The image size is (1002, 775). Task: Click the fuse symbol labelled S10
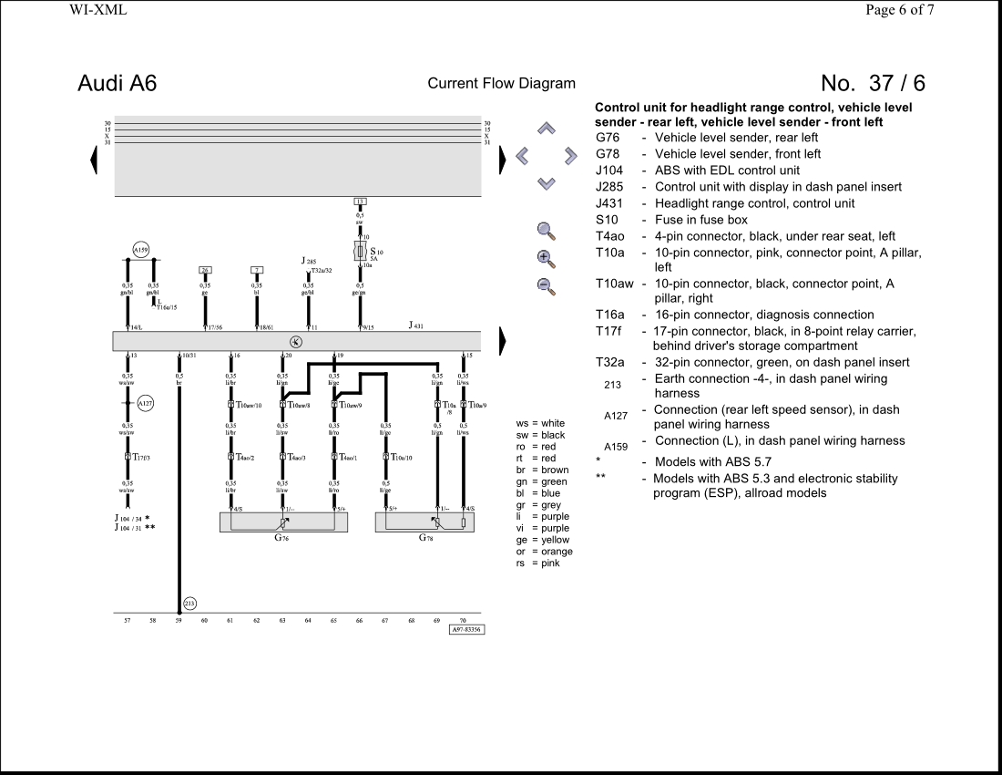pos(361,251)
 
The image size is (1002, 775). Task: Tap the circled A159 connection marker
pos(140,249)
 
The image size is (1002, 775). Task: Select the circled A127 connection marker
pos(146,402)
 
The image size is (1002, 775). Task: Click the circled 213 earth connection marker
pos(189,603)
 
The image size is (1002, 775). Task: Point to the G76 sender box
pos(283,522)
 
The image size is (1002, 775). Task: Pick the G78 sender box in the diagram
pos(424,522)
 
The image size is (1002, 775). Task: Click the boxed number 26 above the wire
pos(206,270)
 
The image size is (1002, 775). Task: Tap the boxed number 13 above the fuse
pos(360,201)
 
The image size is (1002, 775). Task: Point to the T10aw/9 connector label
pos(349,404)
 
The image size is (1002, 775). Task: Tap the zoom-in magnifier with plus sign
pos(547,257)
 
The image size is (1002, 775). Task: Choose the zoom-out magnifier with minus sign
pos(547,285)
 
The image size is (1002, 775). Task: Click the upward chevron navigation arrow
pos(547,129)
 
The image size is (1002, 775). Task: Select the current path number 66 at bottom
pos(360,620)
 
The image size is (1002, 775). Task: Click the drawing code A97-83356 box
pos(466,629)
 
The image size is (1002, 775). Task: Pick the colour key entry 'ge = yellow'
pos(543,540)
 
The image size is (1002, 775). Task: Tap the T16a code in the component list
pos(610,315)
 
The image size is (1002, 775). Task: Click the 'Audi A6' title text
pos(118,83)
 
